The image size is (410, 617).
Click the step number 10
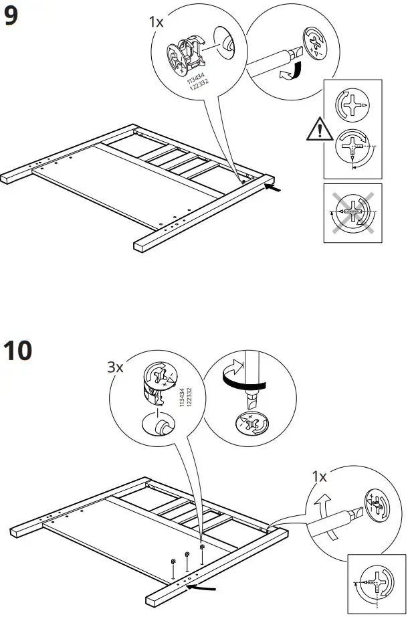(18, 350)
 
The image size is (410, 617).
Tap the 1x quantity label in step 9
(156, 22)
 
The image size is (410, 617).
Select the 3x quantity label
(116, 367)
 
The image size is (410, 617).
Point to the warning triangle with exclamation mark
(320, 128)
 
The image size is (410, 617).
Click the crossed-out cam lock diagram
(352, 213)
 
